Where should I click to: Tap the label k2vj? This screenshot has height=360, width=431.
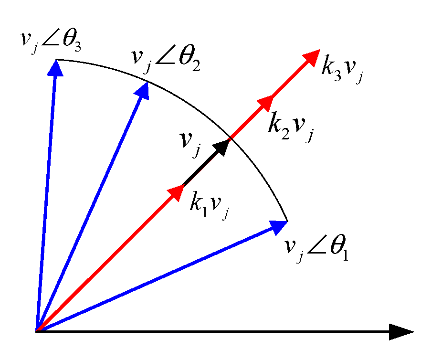point(291,125)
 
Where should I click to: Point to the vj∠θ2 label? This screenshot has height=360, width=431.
point(165,61)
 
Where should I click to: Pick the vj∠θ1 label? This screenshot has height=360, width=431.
point(315,249)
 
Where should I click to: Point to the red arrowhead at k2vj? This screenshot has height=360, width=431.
point(265,103)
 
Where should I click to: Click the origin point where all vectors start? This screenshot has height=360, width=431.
point(37,331)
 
